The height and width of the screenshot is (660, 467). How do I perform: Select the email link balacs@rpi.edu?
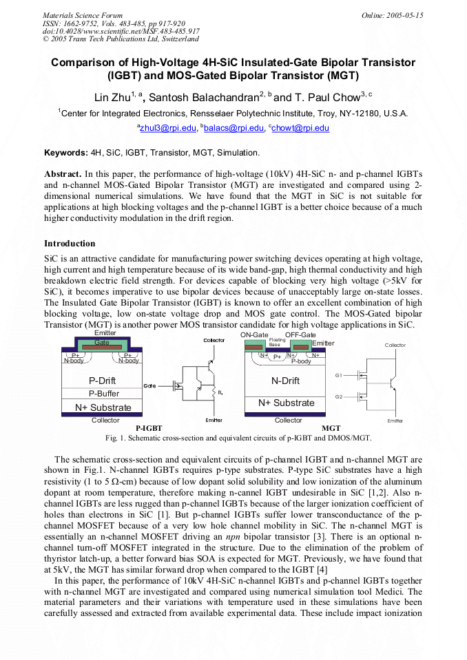coord(233,128)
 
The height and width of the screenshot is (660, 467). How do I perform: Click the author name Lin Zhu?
coord(112,96)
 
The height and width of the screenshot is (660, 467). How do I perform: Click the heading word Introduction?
coord(70,243)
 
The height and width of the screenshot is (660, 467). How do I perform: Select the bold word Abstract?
coord(63,175)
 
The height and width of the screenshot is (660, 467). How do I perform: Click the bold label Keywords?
coord(66,152)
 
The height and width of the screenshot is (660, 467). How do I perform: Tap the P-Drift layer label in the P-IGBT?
coord(103,381)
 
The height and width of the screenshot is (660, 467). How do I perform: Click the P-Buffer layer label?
coord(103,394)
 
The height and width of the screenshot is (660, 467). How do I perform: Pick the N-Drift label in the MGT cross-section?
coord(285,381)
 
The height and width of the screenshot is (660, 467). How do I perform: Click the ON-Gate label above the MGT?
coord(254,334)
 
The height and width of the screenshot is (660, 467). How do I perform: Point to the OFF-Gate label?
coord(300,334)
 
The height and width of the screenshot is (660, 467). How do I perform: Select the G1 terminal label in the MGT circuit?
coord(338,375)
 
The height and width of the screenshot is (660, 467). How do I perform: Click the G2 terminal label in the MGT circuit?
coord(338,396)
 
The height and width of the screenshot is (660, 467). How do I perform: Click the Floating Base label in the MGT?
coord(277,342)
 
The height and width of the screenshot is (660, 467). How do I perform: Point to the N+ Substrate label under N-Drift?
coord(287,403)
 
